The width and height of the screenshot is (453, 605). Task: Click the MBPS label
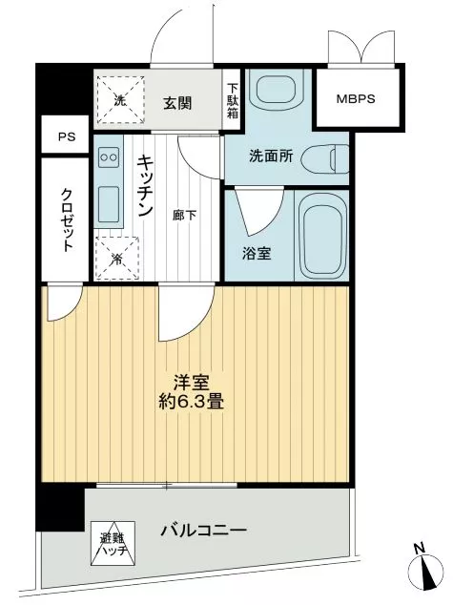coord(356,99)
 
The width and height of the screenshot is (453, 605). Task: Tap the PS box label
coord(67,136)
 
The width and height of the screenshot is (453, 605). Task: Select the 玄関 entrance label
coord(177,103)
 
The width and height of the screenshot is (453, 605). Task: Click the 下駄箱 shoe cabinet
coord(232,100)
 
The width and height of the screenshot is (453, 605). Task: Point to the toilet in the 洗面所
coord(324,158)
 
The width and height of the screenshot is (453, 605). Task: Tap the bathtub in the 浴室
coord(321,236)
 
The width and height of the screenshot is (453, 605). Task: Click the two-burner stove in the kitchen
coord(109,157)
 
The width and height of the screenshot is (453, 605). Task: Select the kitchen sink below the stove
coord(109,204)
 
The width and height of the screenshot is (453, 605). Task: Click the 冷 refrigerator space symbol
coord(117,258)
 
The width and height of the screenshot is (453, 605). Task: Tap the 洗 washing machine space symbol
coord(121,100)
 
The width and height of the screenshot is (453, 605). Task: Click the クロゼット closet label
coord(67,219)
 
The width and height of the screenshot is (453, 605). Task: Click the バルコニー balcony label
coord(203,531)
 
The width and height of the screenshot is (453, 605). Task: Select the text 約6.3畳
coord(192,402)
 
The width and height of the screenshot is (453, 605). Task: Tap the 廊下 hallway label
coord(184,216)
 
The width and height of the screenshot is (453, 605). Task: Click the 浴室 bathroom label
coord(257,254)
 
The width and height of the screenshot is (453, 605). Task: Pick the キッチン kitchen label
coord(145,185)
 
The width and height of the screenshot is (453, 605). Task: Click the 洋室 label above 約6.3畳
coord(192,383)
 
